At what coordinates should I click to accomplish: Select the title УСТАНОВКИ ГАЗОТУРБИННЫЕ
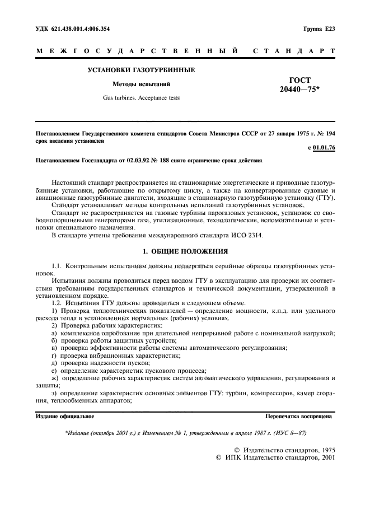click(141, 71)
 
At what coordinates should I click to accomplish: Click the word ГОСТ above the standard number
click(301, 81)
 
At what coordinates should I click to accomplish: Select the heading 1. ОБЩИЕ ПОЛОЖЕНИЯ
click(185, 251)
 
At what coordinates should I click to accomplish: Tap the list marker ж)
click(54, 378)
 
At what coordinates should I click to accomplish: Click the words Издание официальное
click(65, 417)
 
